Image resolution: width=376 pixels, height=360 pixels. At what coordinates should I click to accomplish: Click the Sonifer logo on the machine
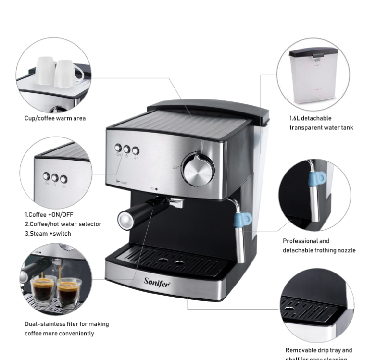coord(157,281)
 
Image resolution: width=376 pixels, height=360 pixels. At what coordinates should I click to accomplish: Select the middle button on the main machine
coord(127,149)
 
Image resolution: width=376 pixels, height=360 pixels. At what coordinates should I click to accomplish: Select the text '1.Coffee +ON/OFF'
coord(49,214)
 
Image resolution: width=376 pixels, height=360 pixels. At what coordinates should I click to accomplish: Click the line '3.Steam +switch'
coord(48,234)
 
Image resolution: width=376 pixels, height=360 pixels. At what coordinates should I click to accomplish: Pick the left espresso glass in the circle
coord(44,289)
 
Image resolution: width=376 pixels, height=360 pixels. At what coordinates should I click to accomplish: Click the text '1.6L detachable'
coord(310,118)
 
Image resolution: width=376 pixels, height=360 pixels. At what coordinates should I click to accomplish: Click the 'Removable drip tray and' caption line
coord(319,350)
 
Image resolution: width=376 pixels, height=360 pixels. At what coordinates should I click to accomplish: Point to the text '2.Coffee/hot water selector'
coord(63,224)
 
